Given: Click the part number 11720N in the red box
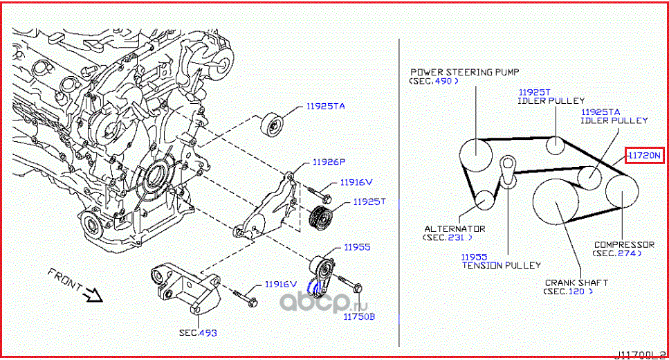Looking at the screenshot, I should click(x=644, y=156).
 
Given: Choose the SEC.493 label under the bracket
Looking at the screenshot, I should click(x=198, y=333).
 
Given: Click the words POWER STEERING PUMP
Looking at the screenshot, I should click(x=464, y=72).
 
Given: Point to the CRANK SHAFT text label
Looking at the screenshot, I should click(x=576, y=282).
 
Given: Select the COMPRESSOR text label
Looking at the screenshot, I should click(x=623, y=244).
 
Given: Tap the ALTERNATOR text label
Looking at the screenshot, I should click(x=455, y=228).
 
